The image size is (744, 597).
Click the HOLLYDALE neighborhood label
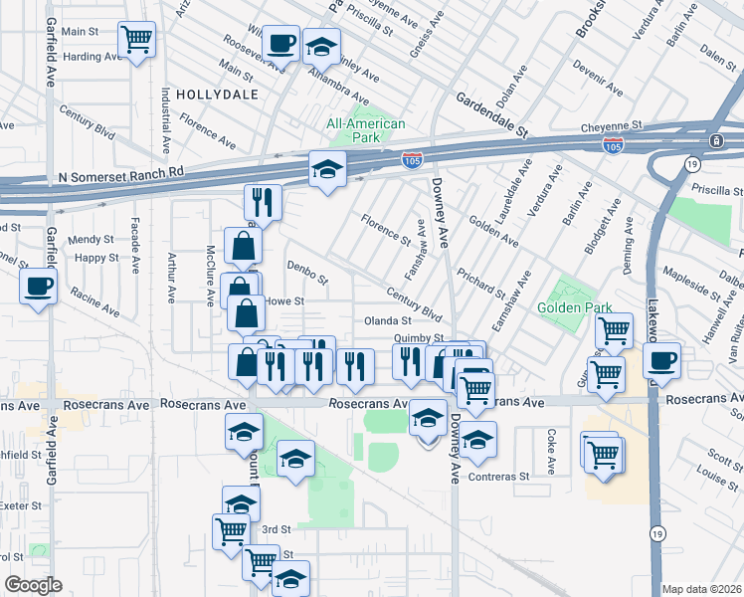pos(217,95)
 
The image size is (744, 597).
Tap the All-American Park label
pos(366,130)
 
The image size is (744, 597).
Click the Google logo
pos(33,585)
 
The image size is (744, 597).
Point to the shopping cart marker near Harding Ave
pos(136,41)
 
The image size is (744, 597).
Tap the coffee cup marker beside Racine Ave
pos(39,288)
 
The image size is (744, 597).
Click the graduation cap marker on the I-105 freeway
pos(325,170)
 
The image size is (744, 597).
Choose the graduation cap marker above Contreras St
pos(478,440)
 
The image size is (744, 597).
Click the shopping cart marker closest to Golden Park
pos(614,331)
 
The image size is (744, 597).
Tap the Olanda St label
pos(388,321)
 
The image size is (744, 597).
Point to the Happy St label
pos(97,258)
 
